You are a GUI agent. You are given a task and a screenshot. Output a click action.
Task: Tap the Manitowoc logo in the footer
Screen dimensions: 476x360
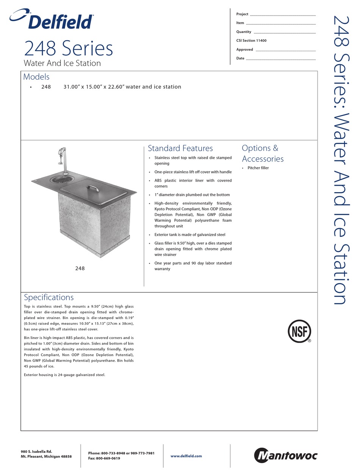pyautogui.click(x=285, y=456)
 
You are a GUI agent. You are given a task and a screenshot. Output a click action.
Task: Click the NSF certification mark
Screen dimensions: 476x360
pyautogui.click(x=299, y=331)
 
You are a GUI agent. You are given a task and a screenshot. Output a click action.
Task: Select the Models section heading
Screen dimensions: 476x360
pyautogui.click(x=36, y=77)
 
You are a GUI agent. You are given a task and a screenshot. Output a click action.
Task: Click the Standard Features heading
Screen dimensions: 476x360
pyautogui.click(x=180, y=148)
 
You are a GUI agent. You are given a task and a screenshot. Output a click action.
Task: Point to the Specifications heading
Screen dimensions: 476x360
pyautogui.click(x=49, y=297)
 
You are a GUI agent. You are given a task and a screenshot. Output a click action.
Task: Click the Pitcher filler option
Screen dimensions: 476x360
pyautogui.click(x=258, y=168)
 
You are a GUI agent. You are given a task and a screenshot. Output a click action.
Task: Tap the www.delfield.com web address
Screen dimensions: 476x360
pyautogui.click(x=186, y=456)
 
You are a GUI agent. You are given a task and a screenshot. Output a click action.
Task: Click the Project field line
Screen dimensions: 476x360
pyautogui.click(x=282, y=14)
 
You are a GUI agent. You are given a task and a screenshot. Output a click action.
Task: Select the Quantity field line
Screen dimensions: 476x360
pyautogui.click(x=284, y=32)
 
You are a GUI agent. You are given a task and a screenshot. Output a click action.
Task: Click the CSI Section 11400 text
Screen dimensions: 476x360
pyautogui.click(x=251, y=41)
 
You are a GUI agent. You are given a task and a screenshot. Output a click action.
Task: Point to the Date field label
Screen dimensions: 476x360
pyautogui.click(x=240, y=58)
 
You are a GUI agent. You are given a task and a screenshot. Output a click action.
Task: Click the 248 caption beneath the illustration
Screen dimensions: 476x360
pyautogui.click(x=80, y=268)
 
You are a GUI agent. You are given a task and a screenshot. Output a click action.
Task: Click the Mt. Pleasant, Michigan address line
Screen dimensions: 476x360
pyautogui.click(x=46, y=457)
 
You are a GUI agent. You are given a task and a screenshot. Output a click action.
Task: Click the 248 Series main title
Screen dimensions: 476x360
pyautogui.click(x=68, y=49)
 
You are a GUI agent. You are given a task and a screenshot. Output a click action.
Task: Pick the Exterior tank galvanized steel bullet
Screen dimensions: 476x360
pyautogui.click(x=189, y=235)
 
